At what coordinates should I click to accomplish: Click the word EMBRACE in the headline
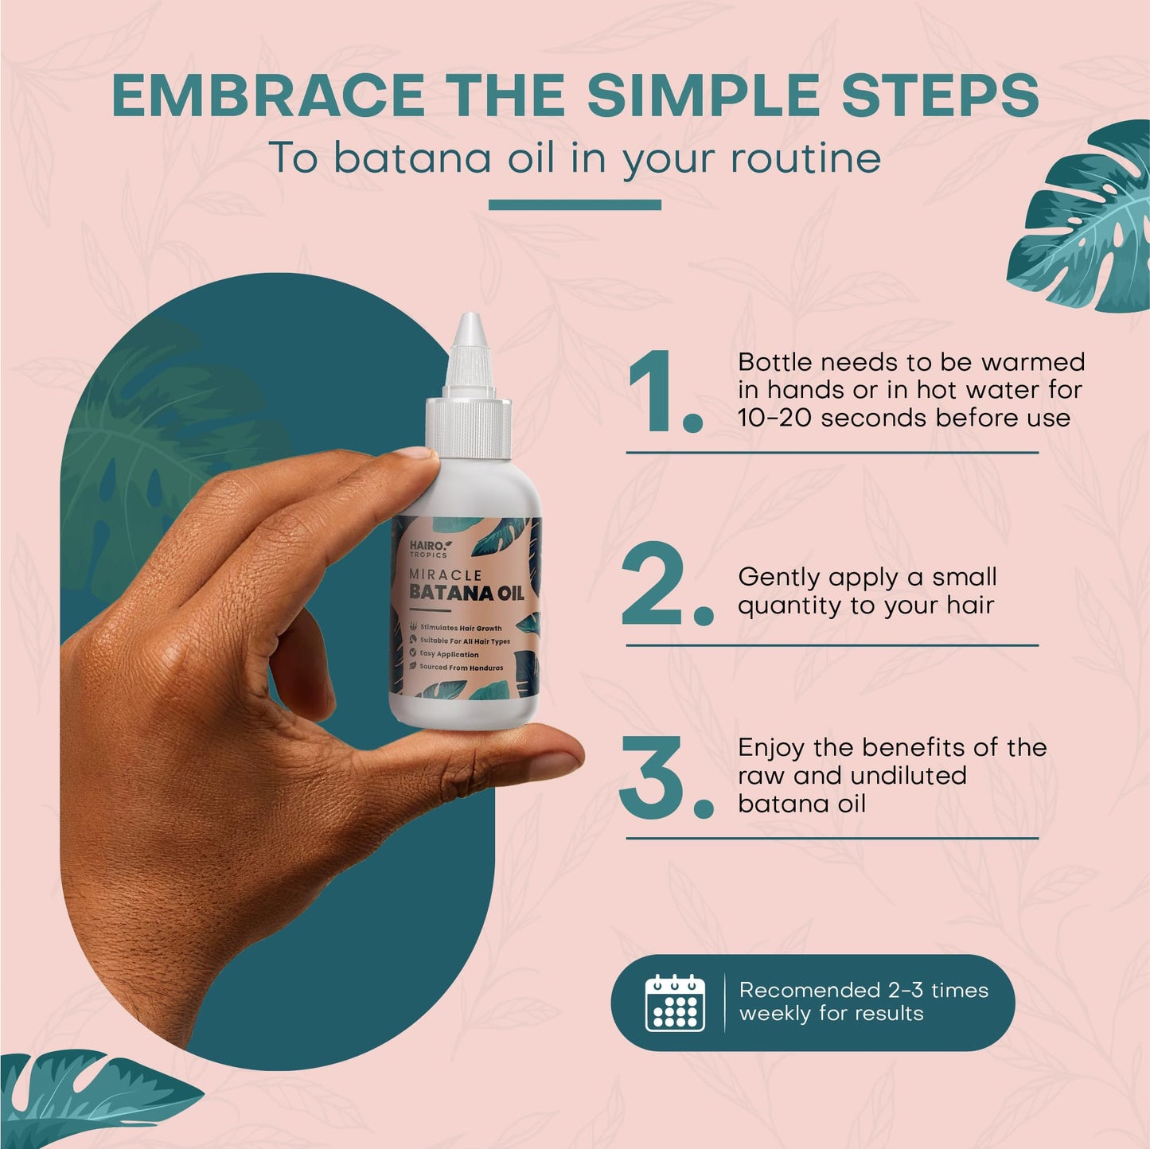click(267, 95)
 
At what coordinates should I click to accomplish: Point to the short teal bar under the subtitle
click(575, 204)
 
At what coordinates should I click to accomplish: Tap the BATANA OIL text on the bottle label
click(466, 594)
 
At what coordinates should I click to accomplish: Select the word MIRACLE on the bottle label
click(445, 574)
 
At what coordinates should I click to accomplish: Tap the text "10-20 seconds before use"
click(903, 418)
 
